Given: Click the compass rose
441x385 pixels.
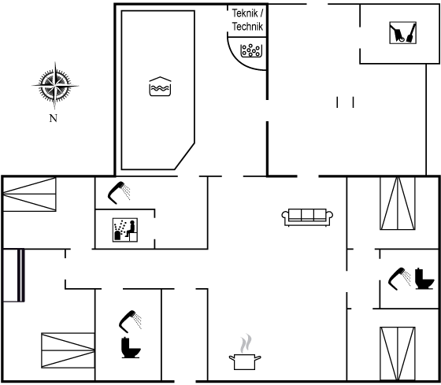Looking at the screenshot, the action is [x=55, y=86].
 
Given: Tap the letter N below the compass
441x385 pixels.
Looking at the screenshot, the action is [x=54, y=118].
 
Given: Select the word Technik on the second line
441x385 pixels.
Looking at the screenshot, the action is [x=247, y=27].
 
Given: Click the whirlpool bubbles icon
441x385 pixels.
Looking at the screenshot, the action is [x=251, y=50].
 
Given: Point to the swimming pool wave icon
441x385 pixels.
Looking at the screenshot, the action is [x=160, y=87].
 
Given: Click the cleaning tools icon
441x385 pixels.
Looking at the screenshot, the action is [x=402, y=32].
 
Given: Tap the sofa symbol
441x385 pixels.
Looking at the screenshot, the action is [x=307, y=217].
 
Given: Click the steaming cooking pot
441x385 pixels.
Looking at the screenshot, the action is [x=245, y=362].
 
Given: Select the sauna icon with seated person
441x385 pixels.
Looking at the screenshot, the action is [x=125, y=230].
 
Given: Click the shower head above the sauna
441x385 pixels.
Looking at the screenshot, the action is [x=119, y=192].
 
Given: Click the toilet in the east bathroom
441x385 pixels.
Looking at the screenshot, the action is [x=424, y=279].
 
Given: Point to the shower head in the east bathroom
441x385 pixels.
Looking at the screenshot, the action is [x=399, y=279].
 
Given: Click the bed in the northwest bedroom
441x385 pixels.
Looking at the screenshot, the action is [x=30, y=194].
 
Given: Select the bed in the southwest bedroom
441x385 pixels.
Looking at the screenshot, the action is [x=68, y=350].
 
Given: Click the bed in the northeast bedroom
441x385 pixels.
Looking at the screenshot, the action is [x=398, y=203].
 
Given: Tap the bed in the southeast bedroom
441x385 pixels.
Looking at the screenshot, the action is [x=398, y=354].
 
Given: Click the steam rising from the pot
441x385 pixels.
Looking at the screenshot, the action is [x=246, y=343].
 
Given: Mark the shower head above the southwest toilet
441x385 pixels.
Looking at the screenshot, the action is [x=130, y=321].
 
